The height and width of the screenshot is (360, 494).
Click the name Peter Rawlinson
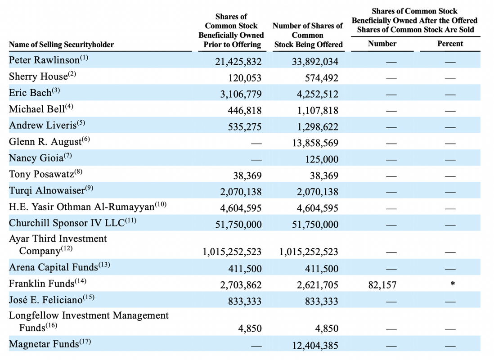click(44, 60)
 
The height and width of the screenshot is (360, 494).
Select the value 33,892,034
click(315, 62)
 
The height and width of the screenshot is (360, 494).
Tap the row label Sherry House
click(38, 76)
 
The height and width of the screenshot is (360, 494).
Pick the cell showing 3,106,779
click(241, 94)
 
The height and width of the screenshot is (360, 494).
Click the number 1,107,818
click(318, 110)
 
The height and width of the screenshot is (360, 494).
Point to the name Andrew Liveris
click(43, 125)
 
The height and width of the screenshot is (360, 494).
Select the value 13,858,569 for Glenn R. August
click(315, 143)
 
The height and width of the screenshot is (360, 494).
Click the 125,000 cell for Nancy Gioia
click(322, 159)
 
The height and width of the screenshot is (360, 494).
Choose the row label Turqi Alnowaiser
click(47, 190)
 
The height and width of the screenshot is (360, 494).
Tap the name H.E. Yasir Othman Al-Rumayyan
click(81, 207)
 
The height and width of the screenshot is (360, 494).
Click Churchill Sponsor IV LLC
click(67, 223)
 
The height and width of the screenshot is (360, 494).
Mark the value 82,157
click(382, 285)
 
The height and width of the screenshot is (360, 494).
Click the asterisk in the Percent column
click(453, 283)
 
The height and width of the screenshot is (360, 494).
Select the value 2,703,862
click(241, 285)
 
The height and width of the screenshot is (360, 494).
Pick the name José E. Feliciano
click(46, 299)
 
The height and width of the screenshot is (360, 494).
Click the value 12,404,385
click(315, 346)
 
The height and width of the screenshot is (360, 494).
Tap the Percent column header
click(450, 44)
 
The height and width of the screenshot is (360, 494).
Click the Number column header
click(382, 44)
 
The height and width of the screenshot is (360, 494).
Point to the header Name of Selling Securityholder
click(62, 45)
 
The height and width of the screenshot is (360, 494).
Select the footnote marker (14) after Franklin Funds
click(81, 281)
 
